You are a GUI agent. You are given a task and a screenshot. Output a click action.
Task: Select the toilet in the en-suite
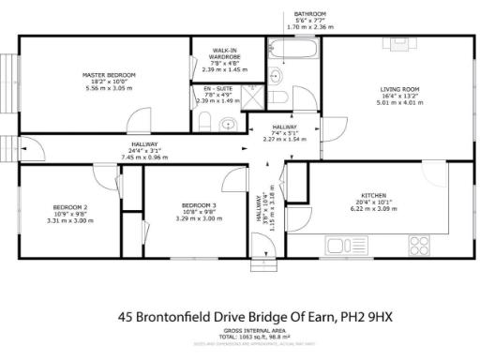click(x=227, y=122)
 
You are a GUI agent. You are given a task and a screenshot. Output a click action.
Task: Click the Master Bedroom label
click(x=110, y=75)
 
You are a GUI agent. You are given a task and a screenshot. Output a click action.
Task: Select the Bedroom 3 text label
click(x=199, y=205)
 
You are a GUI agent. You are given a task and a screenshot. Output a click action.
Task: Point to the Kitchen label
click(x=295, y=195)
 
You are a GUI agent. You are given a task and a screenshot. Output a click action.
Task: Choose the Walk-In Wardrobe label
click(x=224, y=53)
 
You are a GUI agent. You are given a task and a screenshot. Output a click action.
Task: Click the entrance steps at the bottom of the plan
click(x=266, y=264)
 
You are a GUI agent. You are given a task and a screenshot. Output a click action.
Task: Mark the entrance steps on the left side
click(x=8, y=147)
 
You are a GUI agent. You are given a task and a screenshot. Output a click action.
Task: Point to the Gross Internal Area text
click(x=240, y=331)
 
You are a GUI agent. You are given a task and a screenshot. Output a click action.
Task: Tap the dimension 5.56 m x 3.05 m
click(x=110, y=88)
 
